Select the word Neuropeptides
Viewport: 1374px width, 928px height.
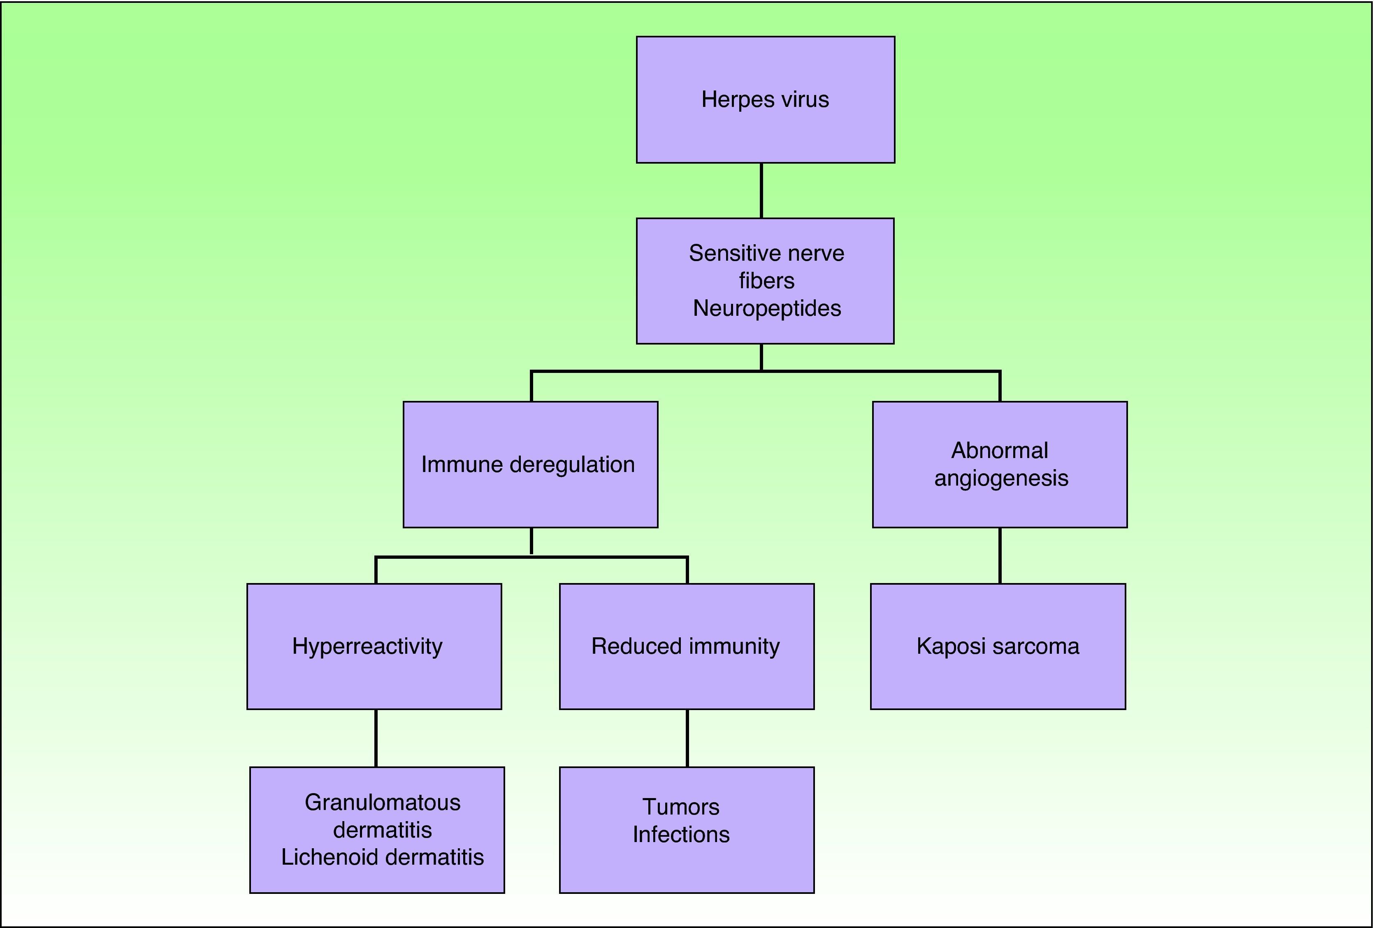[767, 308]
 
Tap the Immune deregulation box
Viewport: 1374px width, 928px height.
[530, 465]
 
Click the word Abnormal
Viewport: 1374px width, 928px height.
[999, 450]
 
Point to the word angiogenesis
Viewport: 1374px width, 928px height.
[1001, 478]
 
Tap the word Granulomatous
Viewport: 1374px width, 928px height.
[383, 803]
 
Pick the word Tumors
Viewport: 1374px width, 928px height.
[681, 807]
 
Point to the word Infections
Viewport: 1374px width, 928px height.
[681, 835]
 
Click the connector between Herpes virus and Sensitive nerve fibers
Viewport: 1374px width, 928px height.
[761, 190]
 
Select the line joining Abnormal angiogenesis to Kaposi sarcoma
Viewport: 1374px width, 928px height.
[1000, 555]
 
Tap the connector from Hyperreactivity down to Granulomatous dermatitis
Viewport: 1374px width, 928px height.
[376, 738]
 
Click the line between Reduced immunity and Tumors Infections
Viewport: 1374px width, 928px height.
[687, 738]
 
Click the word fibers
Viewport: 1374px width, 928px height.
[767, 281]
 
